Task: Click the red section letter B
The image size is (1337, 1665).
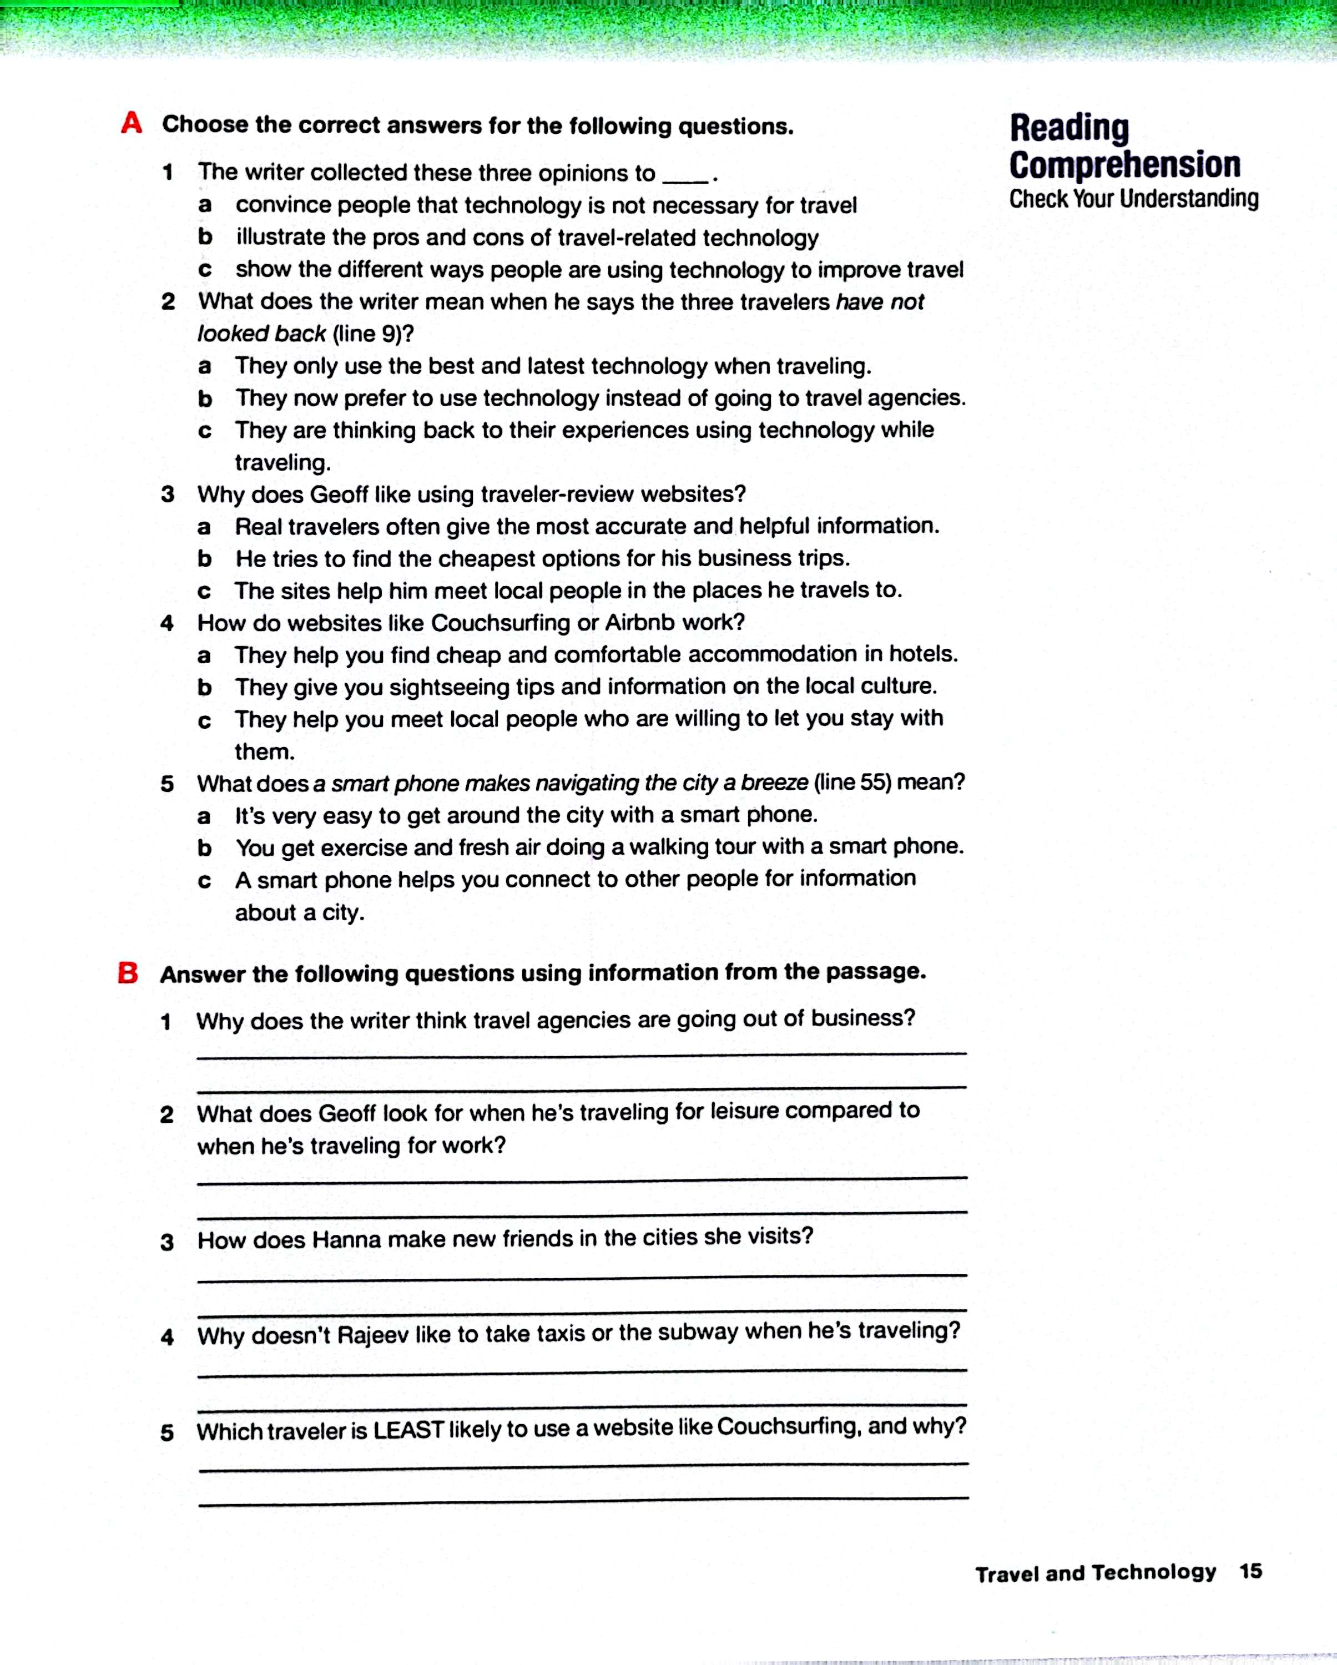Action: click(x=128, y=972)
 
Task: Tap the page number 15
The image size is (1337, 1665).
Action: click(x=1250, y=1571)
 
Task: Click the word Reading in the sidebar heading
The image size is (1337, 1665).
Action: click(x=1069, y=128)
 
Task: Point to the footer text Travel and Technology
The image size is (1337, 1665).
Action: click(x=1095, y=1573)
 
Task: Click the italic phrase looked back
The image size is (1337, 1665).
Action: click(x=261, y=334)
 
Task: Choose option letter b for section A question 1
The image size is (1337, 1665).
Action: click(x=205, y=237)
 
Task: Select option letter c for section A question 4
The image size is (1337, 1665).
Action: click(x=205, y=720)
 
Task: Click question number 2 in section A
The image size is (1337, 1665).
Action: click(x=168, y=302)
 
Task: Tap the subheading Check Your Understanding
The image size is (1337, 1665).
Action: click(x=1133, y=199)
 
